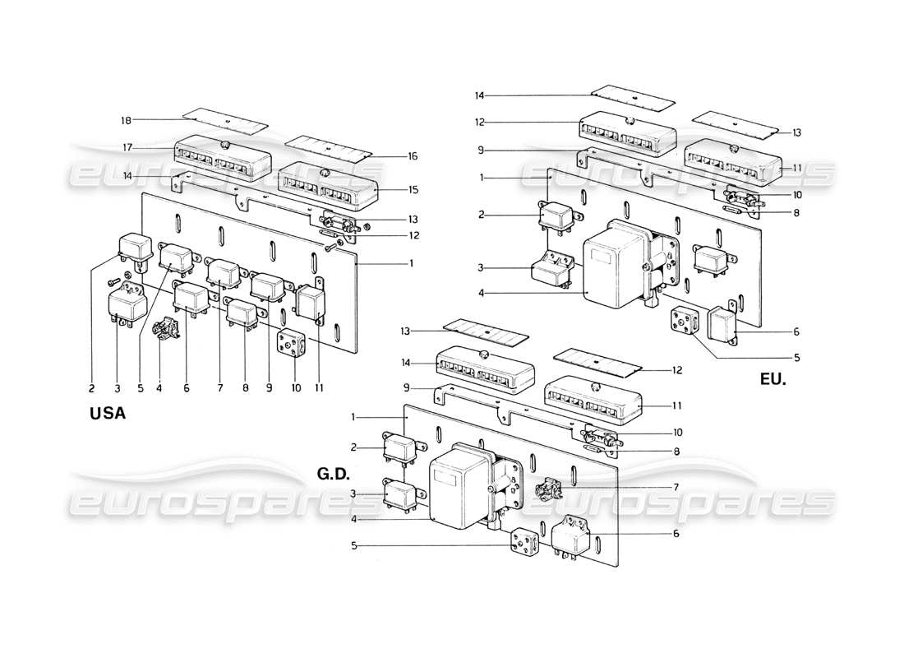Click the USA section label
click(x=107, y=415)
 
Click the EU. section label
click(x=773, y=382)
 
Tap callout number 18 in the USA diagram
click(x=127, y=120)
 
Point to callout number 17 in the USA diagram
click(x=127, y=148)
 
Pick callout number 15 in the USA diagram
click(x=413, y=189)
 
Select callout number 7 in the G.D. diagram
click(x=676, y=487)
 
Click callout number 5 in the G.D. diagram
click(x=353, y=544)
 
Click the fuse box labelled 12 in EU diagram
click(x=629, y=132)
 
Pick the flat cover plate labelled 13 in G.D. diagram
click(x=485, y=337)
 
